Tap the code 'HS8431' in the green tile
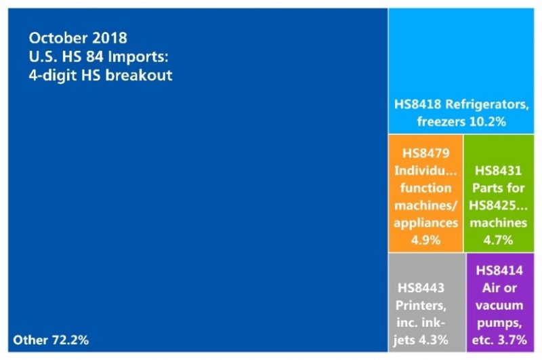click(x=499, y=172)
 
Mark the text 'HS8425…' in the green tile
click(x=499, y=205)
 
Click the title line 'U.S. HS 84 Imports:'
click(x=92, y=56)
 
